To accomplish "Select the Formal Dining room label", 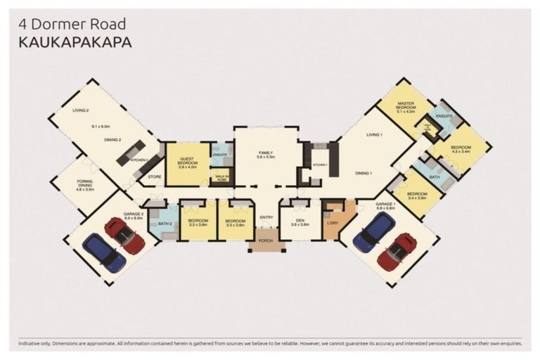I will point(84,184).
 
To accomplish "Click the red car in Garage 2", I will point(124,236).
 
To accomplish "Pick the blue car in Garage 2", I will point(104,252).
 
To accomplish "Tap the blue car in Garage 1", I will point(373,231).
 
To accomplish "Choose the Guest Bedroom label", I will point(186,162).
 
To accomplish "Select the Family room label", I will point(266,154).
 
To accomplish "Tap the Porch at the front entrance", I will point(266,246).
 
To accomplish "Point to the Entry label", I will point(266,217).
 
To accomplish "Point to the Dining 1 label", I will point(363,172).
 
